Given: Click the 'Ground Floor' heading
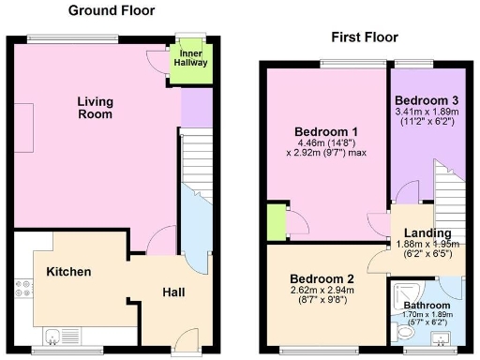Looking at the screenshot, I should [112, 10].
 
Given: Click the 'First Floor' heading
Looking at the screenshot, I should [365, 37].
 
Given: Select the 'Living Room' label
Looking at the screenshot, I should [95, 108].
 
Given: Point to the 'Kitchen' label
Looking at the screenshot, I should [68, 272].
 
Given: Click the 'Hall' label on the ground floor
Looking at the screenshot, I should [173, 292].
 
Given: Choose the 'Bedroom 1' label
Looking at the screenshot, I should [322, 131].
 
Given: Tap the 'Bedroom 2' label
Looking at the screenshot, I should [321, 278].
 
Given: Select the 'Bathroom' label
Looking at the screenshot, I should [427, 305].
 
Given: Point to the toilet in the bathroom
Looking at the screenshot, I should [405, 332].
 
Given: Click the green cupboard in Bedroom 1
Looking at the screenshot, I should [276, 222].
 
